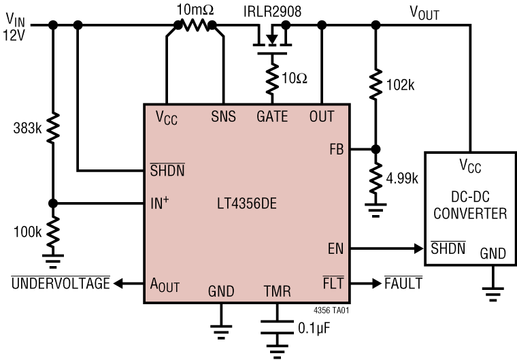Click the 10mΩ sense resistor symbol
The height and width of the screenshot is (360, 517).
(x=196, y=25)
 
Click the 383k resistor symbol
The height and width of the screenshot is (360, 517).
(x=52, y=127)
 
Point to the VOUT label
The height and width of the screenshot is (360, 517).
(x=424, y=12)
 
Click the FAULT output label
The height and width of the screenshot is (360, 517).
(x=401, y=283)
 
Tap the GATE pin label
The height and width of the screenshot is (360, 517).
(x=271, y=116)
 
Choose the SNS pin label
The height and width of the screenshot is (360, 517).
(x=222, y=116)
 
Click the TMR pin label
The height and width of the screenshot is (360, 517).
(x=277, y=292)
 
